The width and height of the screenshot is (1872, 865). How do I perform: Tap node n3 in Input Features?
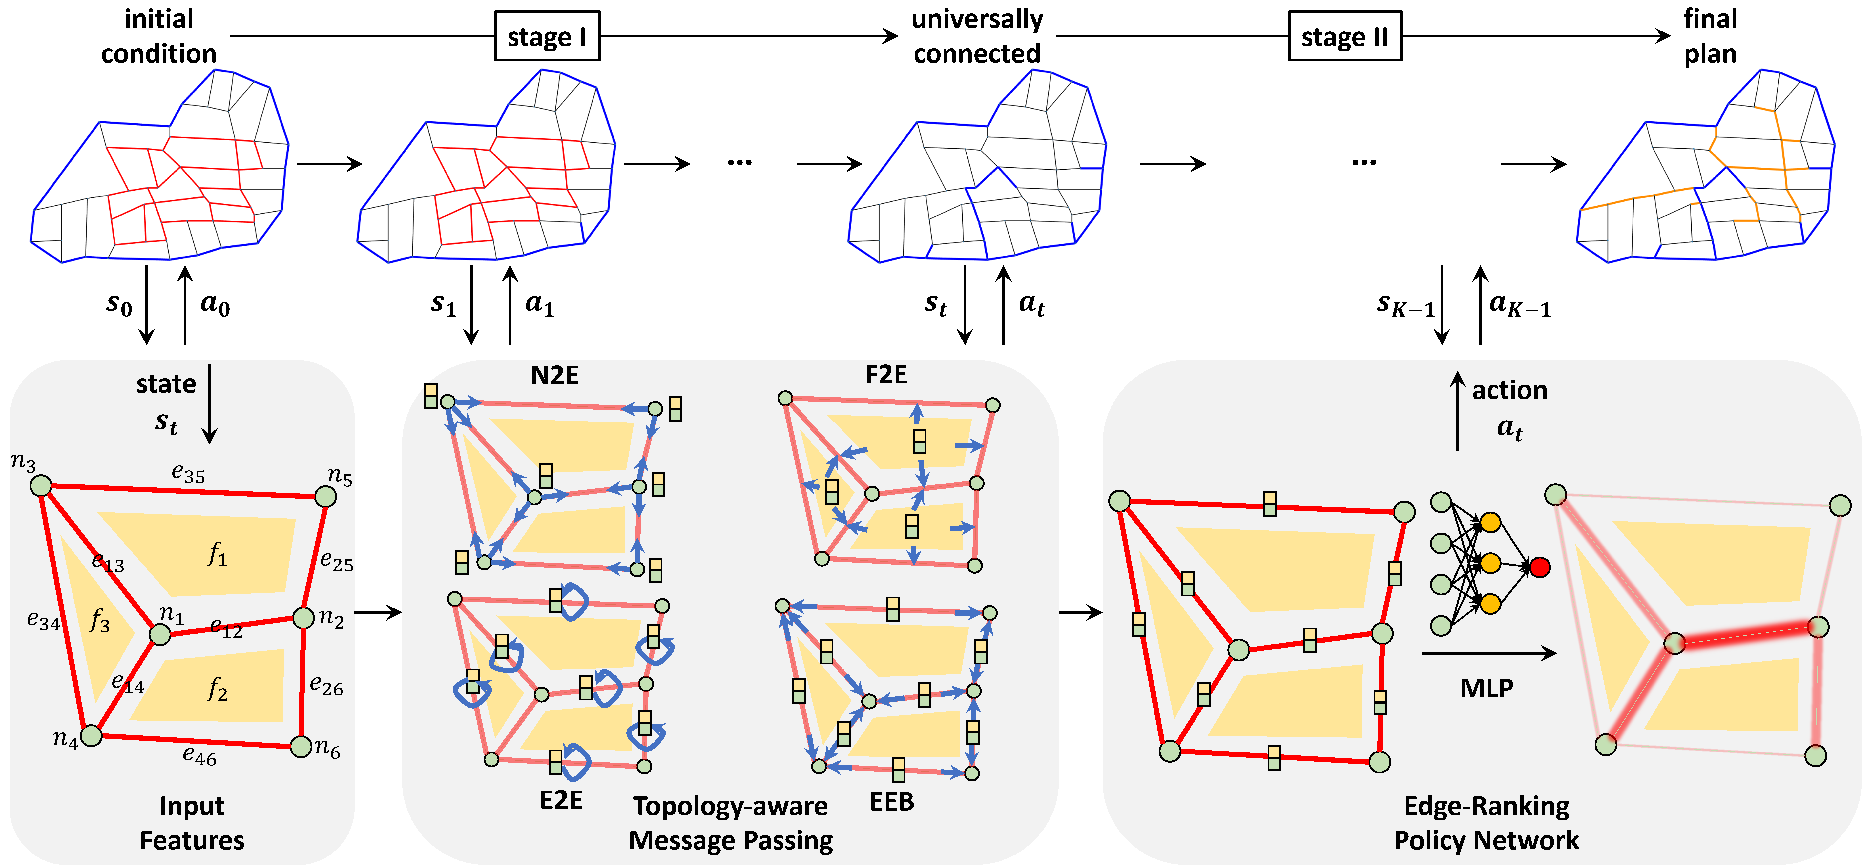pos(41,485)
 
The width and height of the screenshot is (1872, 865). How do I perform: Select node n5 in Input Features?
pos(325,496)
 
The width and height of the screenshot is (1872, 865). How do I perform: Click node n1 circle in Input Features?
pos(160,634)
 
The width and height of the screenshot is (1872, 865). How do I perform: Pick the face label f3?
pos(100,621)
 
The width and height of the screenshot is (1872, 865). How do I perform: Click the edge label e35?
pos(188,474)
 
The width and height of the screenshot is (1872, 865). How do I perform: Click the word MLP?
pos(1487,688)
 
